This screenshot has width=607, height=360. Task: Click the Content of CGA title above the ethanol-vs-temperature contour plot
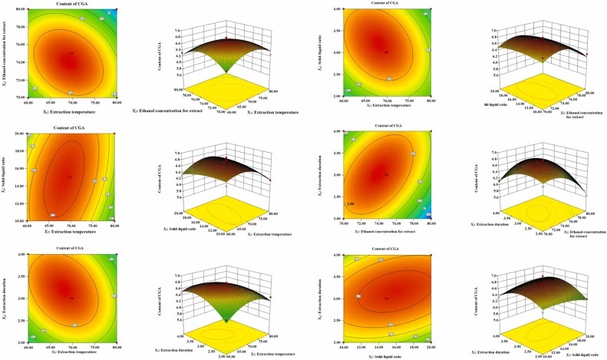point(71,5)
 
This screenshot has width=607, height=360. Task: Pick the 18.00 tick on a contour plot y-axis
point(25,150)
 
